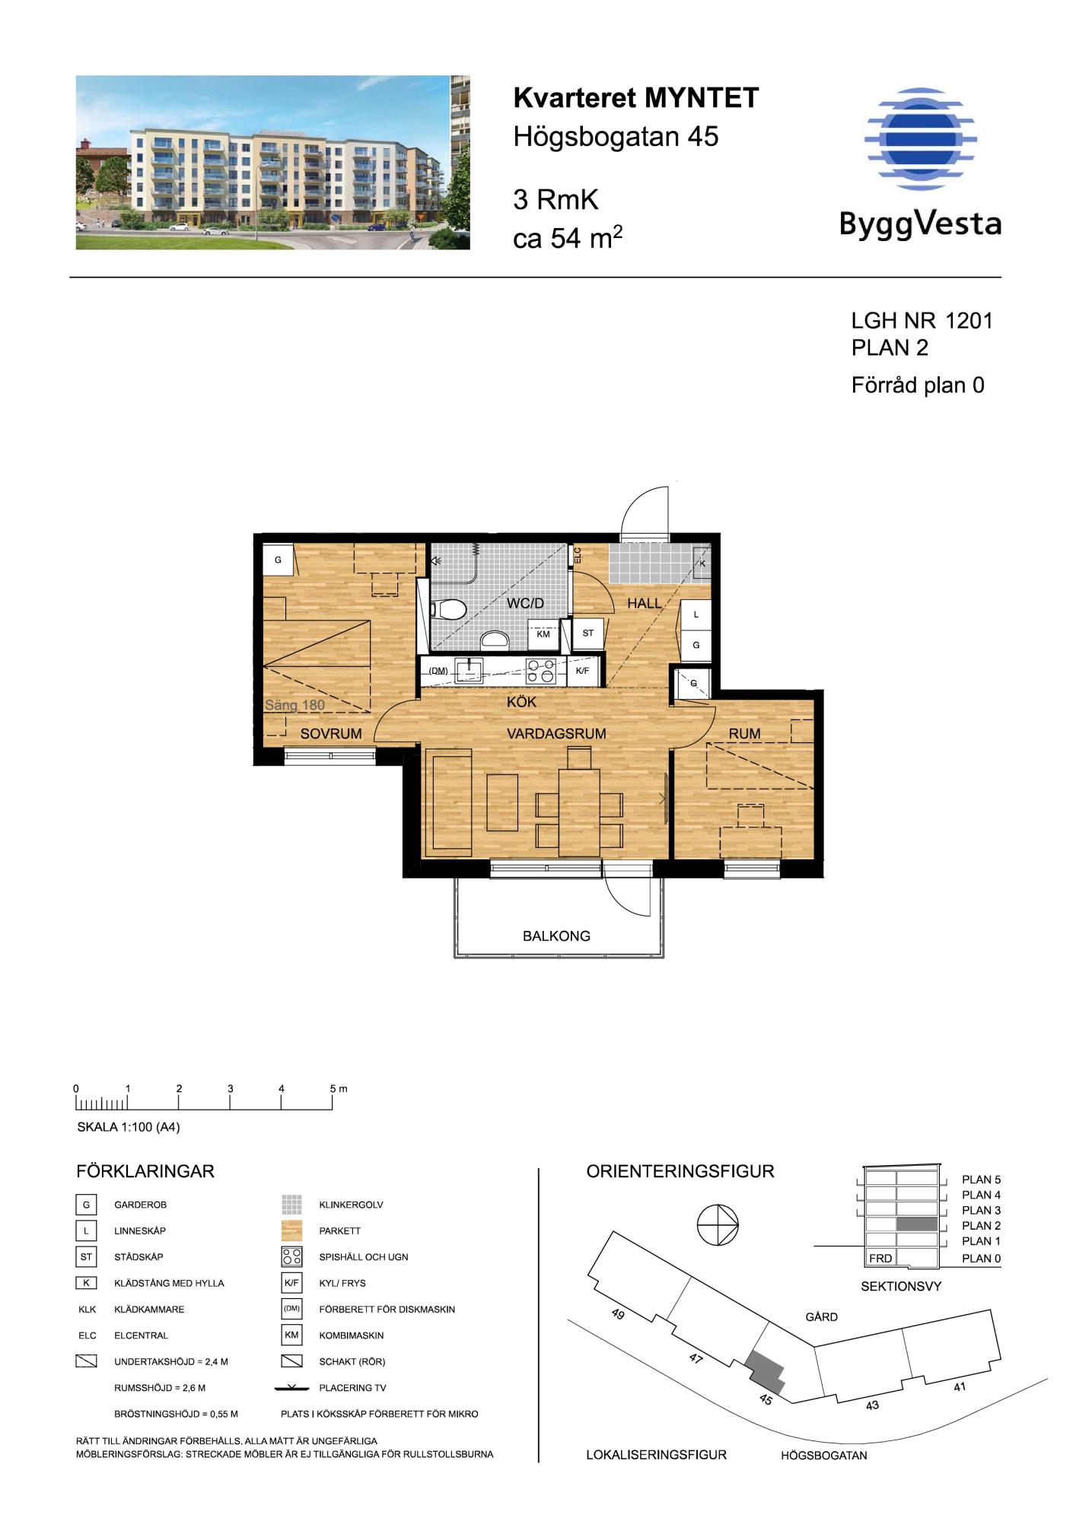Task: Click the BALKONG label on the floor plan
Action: pos(556,936)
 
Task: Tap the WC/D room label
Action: pos(526,604)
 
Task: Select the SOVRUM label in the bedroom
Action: pos(331,734)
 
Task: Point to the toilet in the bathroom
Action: pos(448,609)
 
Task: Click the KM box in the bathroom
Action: pos(543,633)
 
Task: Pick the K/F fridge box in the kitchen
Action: pos(583,671)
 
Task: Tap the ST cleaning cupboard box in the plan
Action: pos(588,633)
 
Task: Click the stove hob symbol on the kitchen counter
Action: pos(541,671)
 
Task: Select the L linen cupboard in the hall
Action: pos(696,614)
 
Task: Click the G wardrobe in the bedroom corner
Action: pos(278,560)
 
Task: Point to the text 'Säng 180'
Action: pos(294,705)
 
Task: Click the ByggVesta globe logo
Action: pos(920,138)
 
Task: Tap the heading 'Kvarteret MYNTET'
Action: pos(636,98)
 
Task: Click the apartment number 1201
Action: pos(969,321)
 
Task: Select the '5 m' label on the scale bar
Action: pos(339,1088)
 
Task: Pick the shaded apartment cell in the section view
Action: pos(917,1225)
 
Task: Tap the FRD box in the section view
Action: pos(880,1258)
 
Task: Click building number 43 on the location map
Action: pos(872,1405)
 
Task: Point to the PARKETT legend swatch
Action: pos(292,1230)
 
